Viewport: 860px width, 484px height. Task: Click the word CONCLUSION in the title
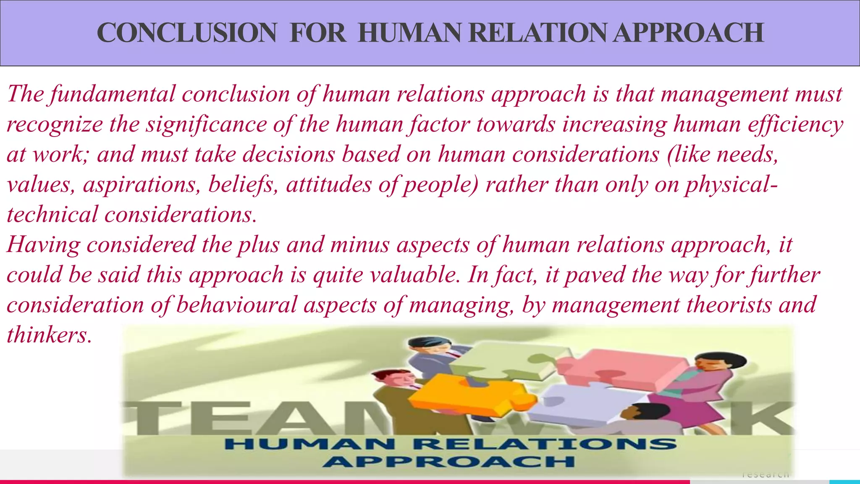coord(186,33)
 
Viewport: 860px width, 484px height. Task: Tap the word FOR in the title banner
coord(317,33)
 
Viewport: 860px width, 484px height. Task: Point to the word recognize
coord(55,125)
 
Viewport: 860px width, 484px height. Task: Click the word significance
coord(206,125)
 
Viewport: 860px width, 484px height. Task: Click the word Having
coord(43,245)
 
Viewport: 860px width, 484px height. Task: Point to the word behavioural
coord(236,305)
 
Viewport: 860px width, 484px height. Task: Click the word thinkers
coord(49,335)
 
